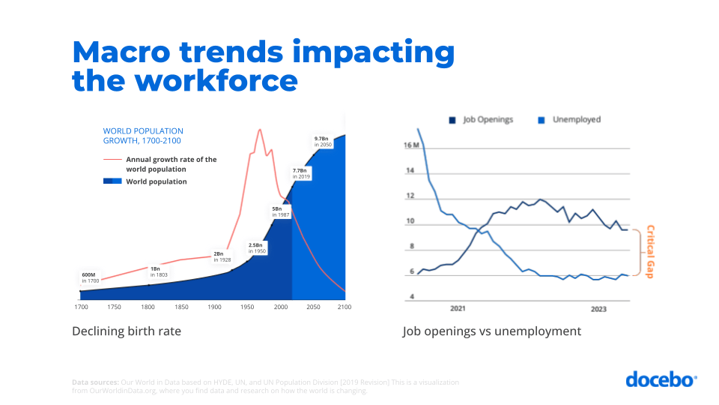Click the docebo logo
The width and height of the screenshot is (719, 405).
pyautogui.click(x=661, y=379)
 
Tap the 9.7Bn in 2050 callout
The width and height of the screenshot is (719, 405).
pyautogui.click(x=322, y=141)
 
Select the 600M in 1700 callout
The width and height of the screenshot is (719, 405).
pyautogui.click(x=90, y=277)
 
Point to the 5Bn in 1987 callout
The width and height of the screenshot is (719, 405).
pyautogui.click(x=281, y=211)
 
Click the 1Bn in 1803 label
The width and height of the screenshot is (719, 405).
pyautogui.click(x=156, y=271)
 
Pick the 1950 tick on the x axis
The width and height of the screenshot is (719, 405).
pyautogui.click(x=247, y=307)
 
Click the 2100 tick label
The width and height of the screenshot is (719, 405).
pyautogui.click(x=345, y=307)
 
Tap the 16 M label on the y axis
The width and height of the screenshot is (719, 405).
pyautogui.click(x=412, y=145)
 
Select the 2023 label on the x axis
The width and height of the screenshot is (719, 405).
pyautogui.click(x=598, y=309)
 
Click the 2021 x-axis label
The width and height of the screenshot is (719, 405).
pyautogui.click(x=458, y=309)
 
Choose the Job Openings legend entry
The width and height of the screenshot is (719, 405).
pyautogui.click(x=482, y=119)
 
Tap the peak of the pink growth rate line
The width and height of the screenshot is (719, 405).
pyautogui.click(x=260, y=130)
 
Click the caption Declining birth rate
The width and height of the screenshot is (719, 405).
pyautogui.click(x=127, y=331)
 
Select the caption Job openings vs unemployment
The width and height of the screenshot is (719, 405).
pyautogui.click(x=491, y=331)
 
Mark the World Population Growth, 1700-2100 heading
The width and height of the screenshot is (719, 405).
pyautogui.click(x=143, y=136)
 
